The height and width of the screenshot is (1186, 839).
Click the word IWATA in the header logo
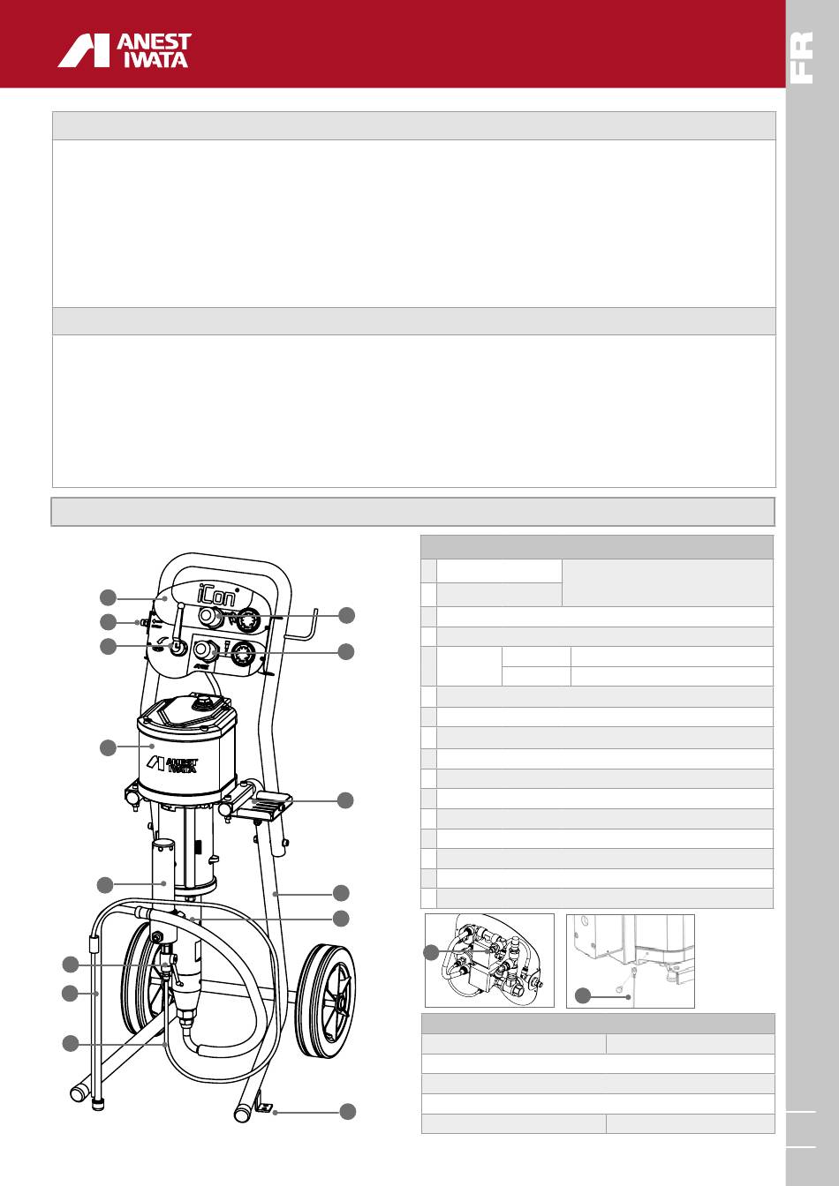(x=155, y=59)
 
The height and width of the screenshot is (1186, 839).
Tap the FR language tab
(x=801, y=57)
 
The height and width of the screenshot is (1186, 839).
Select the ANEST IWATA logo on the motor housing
(x=172, y=764)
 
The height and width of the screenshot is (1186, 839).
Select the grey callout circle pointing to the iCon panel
(x=108, y=597)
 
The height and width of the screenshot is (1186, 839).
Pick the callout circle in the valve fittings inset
(x=432, y=953)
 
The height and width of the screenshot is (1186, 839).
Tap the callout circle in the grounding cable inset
(x=583, y=995)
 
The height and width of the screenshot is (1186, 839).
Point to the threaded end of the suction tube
(x=96, y=1103)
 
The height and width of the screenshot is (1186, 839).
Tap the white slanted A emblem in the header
(x=83, y=51)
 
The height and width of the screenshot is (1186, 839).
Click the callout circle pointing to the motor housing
(x=108, y=747)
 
